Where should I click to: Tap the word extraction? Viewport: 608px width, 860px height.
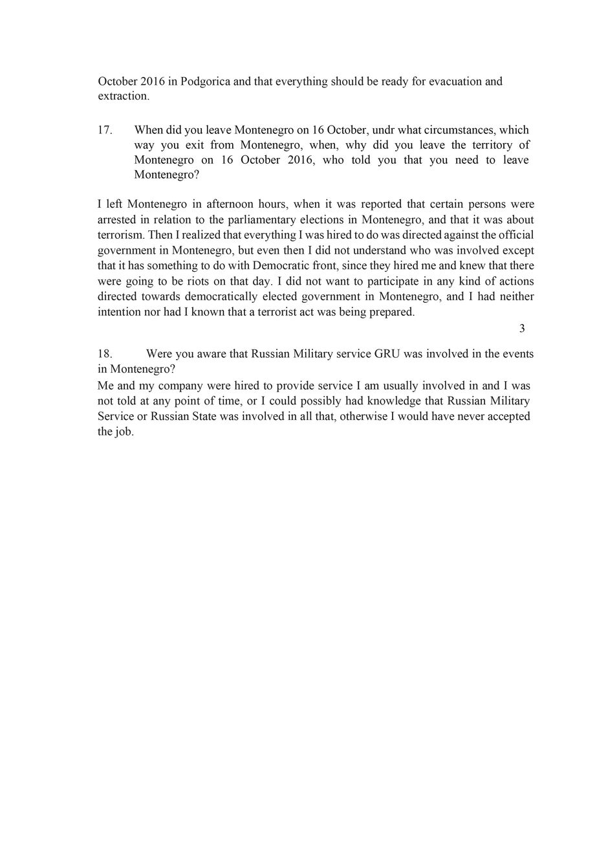[x=123, y=96]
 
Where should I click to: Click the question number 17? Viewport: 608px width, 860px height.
[x=105, y=130]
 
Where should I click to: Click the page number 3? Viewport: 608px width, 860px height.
[x=522, y=329]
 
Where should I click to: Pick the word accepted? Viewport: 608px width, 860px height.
[x=508, y=416]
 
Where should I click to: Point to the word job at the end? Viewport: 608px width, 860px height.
[x=125, y=432]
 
